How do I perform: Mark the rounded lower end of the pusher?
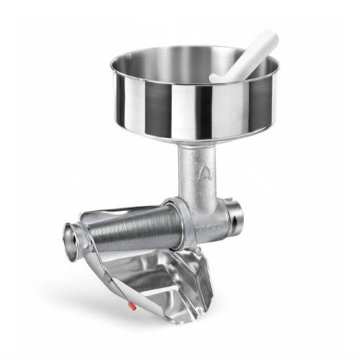tap(216, 76)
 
